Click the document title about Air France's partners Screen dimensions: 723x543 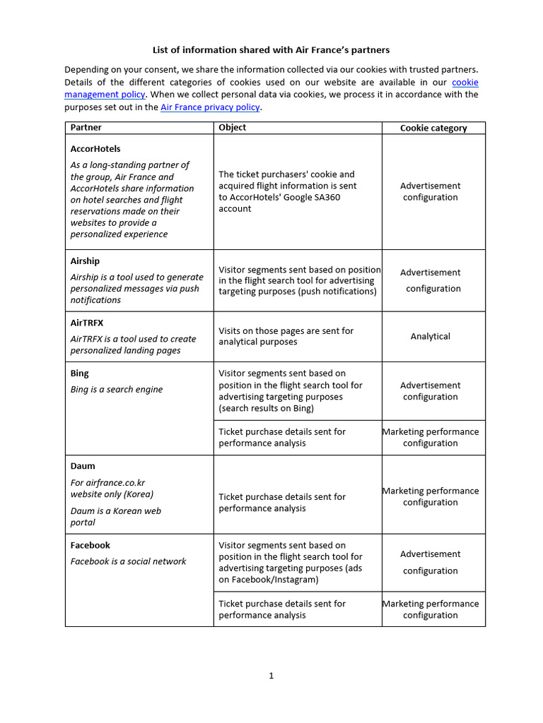click(x=271, y=50)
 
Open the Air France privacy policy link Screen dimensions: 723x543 click(x=211, y=107)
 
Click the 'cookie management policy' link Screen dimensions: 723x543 click(x=105, y=95)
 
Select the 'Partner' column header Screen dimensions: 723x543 click(x=86, y=128)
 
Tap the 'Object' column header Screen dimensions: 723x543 click(x=233, y=128)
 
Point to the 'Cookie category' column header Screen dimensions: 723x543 click(x=433, y=128)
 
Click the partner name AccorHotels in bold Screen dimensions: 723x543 click(x=95, y=149)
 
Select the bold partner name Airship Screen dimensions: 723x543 click(x=86, y=261)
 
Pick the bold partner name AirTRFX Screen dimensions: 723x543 click(x=87, y=323)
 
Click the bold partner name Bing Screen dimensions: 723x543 click(x=80, y=374)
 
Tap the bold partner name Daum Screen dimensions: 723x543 click(x=83, y=466)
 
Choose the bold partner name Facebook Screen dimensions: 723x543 click(x=90, y=545)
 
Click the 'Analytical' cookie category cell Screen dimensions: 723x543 click(x=430, y=337)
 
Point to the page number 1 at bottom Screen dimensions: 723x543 click(x=271, y=676)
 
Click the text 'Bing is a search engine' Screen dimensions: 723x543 click(x=117, y=389)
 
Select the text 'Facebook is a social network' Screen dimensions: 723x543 click(x=128, y=561)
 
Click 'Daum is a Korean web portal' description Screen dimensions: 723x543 click(x=116, y=516)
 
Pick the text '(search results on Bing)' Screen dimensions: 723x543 click(x=267, y=408)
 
